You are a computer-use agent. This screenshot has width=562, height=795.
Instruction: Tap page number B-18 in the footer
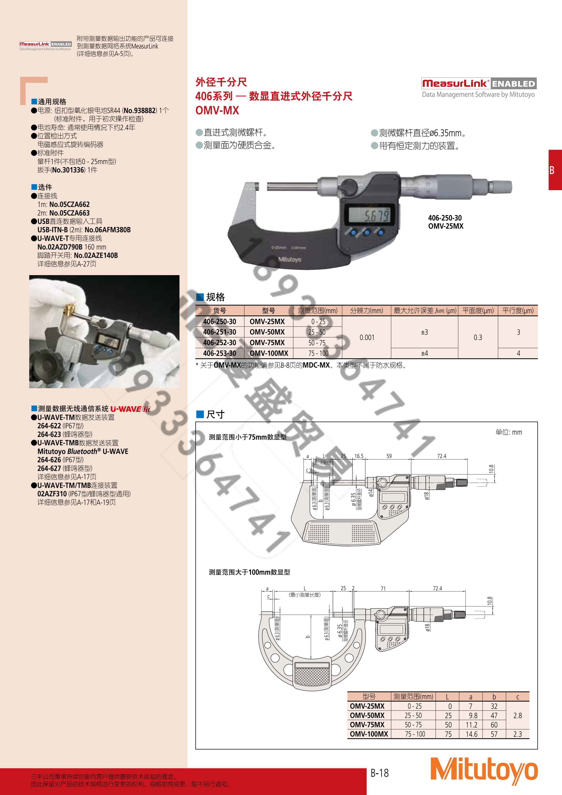click(x=380, y=773)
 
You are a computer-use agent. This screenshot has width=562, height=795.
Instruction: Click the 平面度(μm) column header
click(x=478, y=311)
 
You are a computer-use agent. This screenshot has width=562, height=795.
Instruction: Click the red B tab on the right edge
click(x=554, y=170)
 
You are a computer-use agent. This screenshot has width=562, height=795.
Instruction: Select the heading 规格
click(x=215, y=297)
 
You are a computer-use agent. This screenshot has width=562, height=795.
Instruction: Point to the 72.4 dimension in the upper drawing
click(x=441, y=456)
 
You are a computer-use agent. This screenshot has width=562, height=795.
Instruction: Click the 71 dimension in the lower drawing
click(x=383, y=588)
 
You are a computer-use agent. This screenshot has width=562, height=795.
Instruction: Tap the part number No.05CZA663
click(x=69, y=213)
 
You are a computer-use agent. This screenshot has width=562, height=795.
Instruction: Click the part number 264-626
click(x=49, y=460)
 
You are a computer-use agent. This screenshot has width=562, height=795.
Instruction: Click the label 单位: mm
click(x=508, y=432)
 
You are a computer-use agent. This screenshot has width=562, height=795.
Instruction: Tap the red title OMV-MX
click(x=217, y=110)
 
